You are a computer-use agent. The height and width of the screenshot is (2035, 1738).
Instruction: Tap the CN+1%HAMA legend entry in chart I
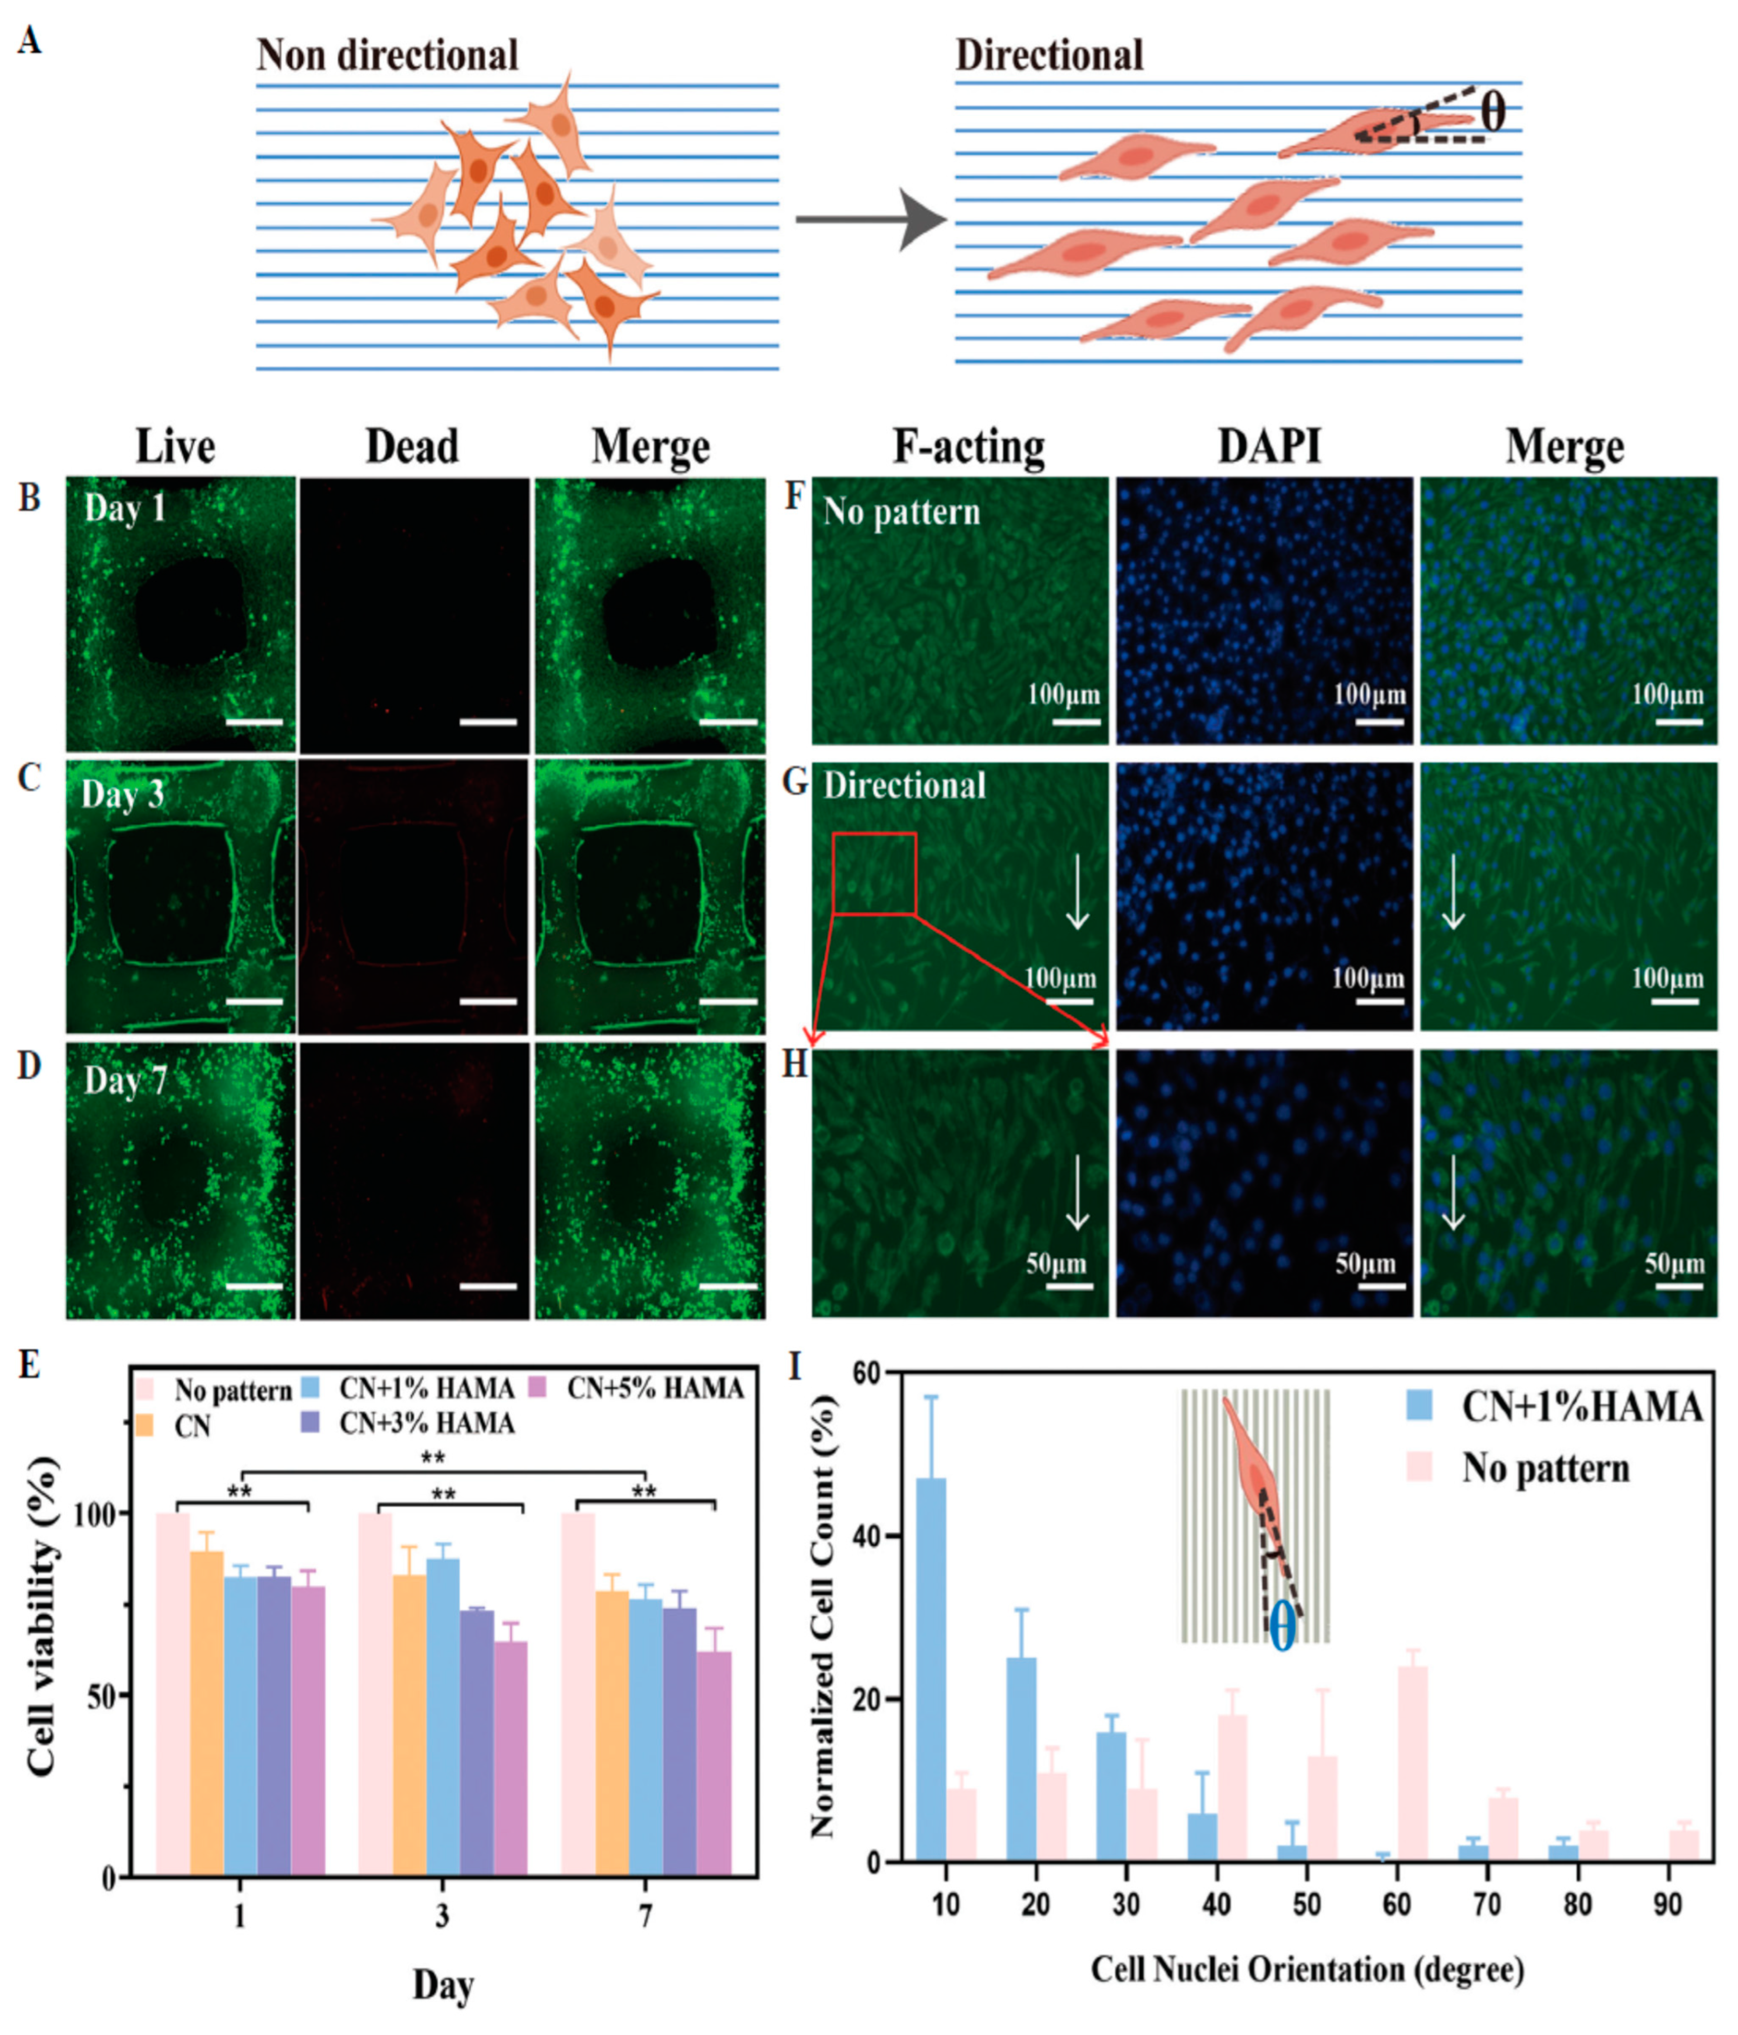1581,1408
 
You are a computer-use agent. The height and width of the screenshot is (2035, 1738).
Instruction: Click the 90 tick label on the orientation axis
1667,1904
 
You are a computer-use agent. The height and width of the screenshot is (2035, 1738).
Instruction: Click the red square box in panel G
874,873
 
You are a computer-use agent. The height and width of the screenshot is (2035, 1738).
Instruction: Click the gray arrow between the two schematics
869,219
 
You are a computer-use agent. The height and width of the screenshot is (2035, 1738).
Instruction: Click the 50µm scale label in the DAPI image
1365,1264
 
